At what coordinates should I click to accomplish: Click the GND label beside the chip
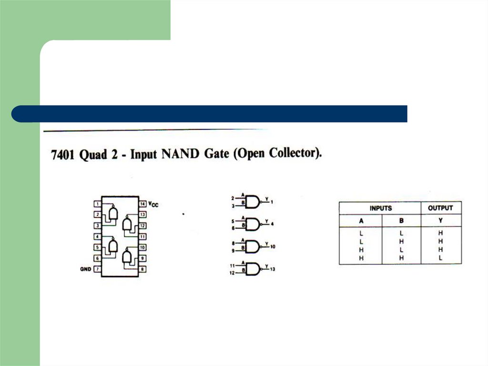tap(85, 270)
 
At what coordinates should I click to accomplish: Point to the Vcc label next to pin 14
tap(153, 204)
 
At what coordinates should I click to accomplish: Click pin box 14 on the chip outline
tap(142, 204)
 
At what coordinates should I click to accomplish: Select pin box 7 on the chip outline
tap(97, 270)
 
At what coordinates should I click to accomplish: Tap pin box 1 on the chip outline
tap(97, 204)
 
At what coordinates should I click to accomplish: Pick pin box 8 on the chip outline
tap(142, 270)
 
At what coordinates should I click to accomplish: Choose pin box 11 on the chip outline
tap(142, 237)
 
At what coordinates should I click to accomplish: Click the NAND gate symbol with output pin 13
tap(253, 269)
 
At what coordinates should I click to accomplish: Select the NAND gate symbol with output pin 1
tap(253, 202)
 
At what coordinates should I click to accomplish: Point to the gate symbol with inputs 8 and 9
tap(253, 247)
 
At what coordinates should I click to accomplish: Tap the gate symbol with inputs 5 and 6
tap(253, 224)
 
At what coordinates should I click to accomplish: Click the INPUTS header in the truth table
tap(380, 209)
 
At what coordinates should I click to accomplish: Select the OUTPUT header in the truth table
tap(440, 209)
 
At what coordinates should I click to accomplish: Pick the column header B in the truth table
tap(401, 221)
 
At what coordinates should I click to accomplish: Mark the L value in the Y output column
tap(441, 258)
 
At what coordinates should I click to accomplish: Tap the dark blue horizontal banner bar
tap(210, 114)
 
